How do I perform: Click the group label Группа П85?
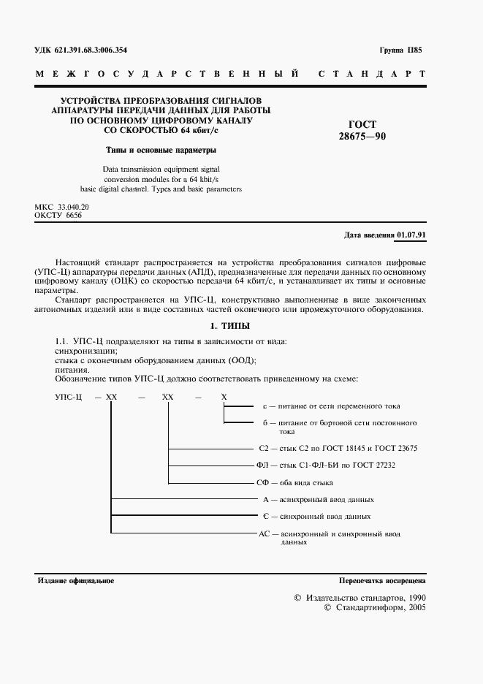pos(400,51)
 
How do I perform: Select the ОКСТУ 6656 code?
pos(58,217)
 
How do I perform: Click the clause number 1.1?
pos(62,341)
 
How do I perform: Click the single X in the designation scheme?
pos(224,395)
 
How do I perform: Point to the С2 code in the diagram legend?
pos(265,447)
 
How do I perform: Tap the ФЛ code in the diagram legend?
pos(265,465)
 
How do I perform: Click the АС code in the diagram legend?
pos(265,535)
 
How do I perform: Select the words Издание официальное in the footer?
pos(75,580)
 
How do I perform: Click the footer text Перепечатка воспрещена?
pos(381,580)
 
